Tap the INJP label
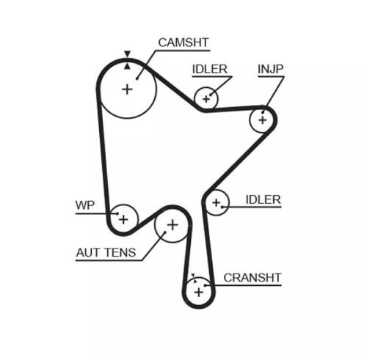point(271,70)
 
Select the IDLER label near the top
point(210,70)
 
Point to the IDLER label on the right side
point(264,199)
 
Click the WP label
point(85,205)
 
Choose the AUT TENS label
point(106,254)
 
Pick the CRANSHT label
point(252,277)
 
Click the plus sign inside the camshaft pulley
point(127,89)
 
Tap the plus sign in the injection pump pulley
point(261,118)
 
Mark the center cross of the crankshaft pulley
point(198,292)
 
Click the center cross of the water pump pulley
point(124,218)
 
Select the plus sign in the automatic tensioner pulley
point(172,225)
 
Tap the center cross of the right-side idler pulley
point(216,202)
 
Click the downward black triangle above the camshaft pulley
point(127,54)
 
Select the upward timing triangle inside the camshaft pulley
point(127,65)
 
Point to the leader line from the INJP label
point(273,92)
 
